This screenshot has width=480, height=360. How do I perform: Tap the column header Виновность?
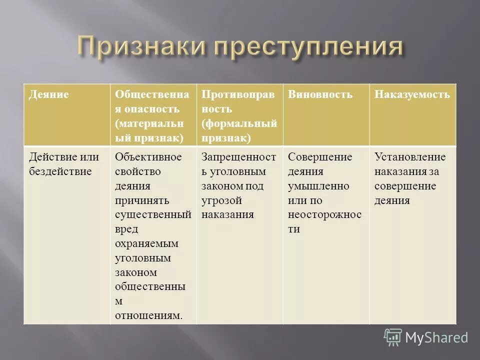(x=320, y=94)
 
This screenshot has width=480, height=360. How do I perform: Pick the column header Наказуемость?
(x=412, y=94)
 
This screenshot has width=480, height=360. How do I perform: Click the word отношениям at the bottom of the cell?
(x=148, y=315)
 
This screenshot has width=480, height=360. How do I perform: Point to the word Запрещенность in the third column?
(x=239, y=157)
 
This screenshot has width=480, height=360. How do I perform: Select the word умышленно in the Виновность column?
(x=318, y=186)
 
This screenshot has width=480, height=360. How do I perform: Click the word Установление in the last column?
(x=410, y=157)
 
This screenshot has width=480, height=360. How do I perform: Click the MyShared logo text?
(x=436, y=337)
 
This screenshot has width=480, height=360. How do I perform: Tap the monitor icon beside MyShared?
(x=393, y=337)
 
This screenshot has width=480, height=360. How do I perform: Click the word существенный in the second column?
(x=153, y=215)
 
